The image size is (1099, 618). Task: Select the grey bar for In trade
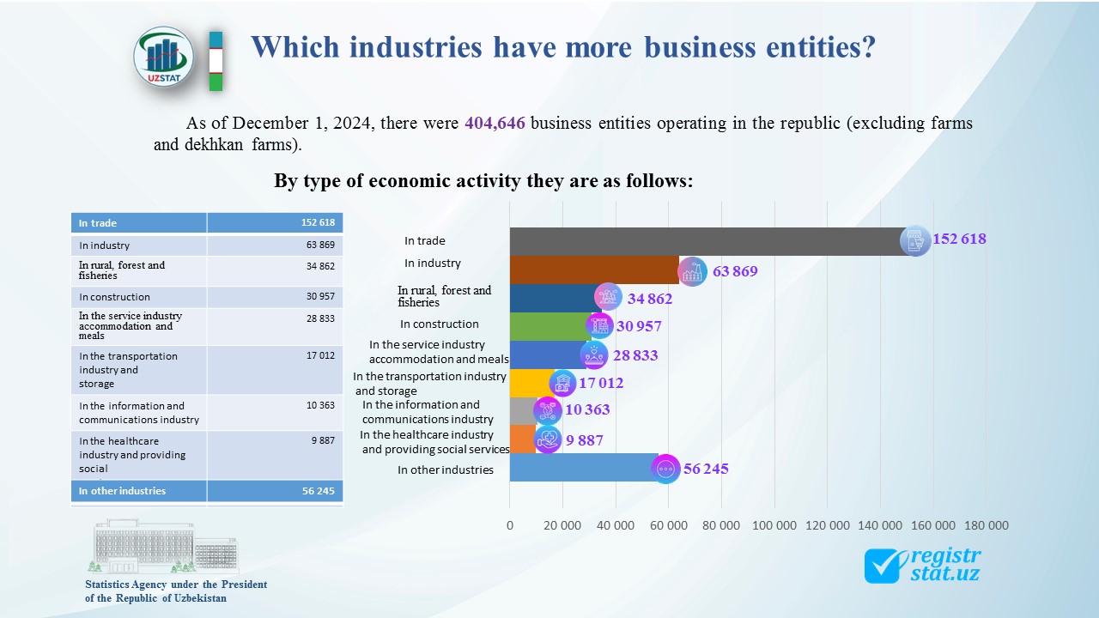click(x=704, y=241)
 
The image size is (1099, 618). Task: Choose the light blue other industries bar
click(x=580, y=468)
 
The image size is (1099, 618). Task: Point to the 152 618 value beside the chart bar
click(x=959, y=239)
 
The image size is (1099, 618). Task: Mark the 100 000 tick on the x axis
click(x=774, y=525)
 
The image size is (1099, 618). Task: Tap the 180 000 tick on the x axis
click(x=986, y=525)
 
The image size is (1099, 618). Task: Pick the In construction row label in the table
click(x=114, y=297)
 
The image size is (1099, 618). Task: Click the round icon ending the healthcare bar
click(x=547, y=439)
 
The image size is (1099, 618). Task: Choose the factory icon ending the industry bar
click(x=692, y=271)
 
